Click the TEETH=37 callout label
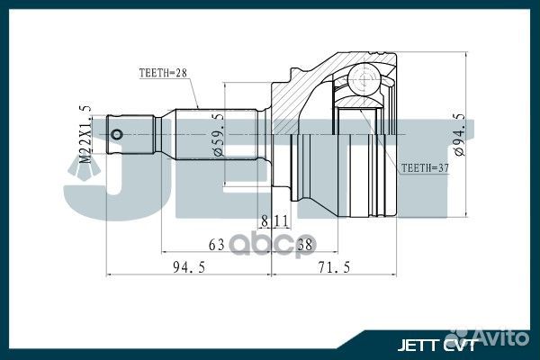[423, 167]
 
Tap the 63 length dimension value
[217, 243]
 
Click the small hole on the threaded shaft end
[117, 134]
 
